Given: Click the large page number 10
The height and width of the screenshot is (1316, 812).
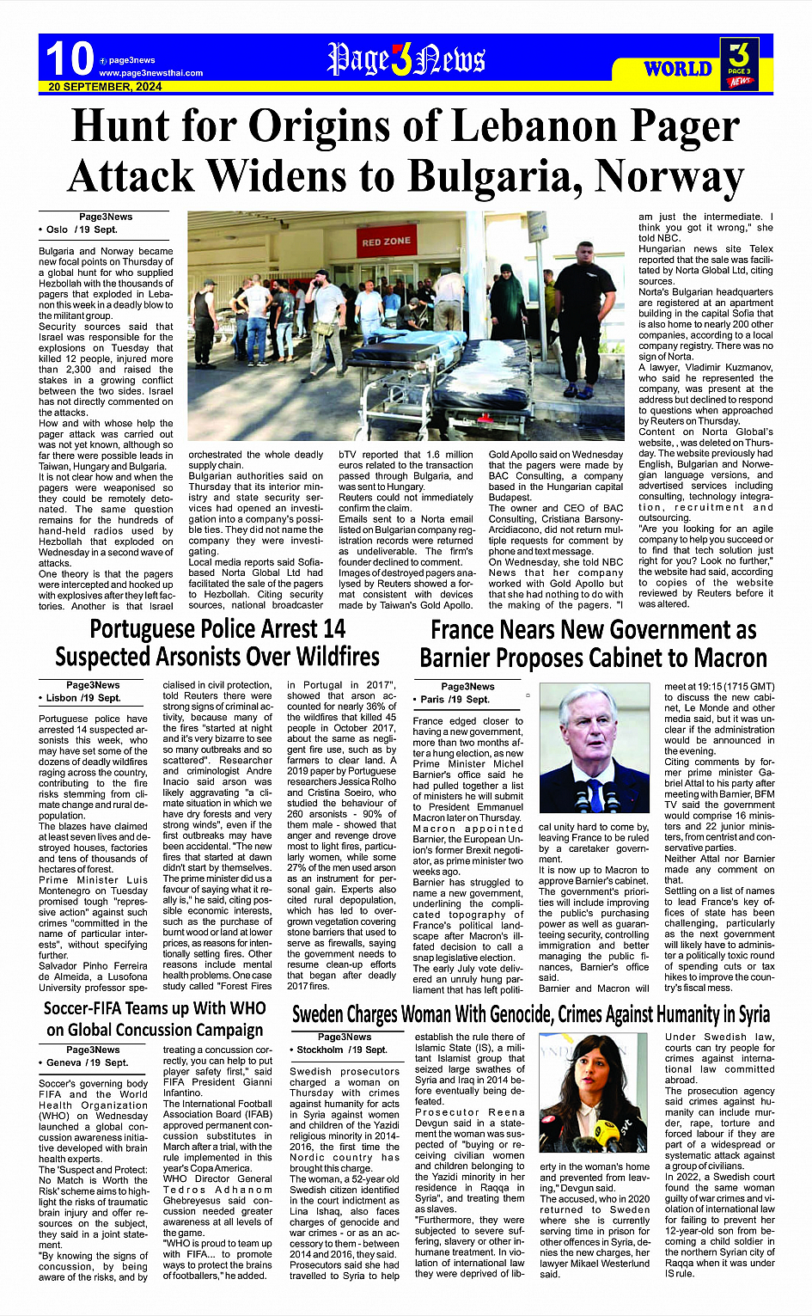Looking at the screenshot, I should click(69, 59).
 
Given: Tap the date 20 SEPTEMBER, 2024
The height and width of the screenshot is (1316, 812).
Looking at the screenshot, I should click(105, 87).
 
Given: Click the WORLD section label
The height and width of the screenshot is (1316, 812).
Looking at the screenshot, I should click(678, 69).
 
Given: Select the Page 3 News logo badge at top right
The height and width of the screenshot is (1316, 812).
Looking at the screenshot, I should click(739, 64).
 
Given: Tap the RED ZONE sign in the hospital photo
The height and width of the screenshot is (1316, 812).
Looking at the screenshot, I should click(386, 242).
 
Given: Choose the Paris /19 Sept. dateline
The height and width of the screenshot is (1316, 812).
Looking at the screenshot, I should click(455, 699).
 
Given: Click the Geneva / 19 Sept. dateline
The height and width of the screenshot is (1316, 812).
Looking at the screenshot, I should click(86, 1062).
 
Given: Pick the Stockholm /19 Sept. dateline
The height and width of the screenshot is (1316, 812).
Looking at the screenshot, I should click(342, 1050).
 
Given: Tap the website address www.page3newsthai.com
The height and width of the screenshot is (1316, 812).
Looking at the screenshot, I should click(150, 73).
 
